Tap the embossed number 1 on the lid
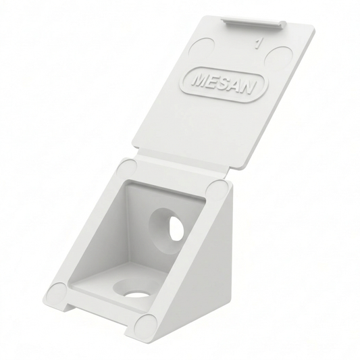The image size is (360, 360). coord(258,46)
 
